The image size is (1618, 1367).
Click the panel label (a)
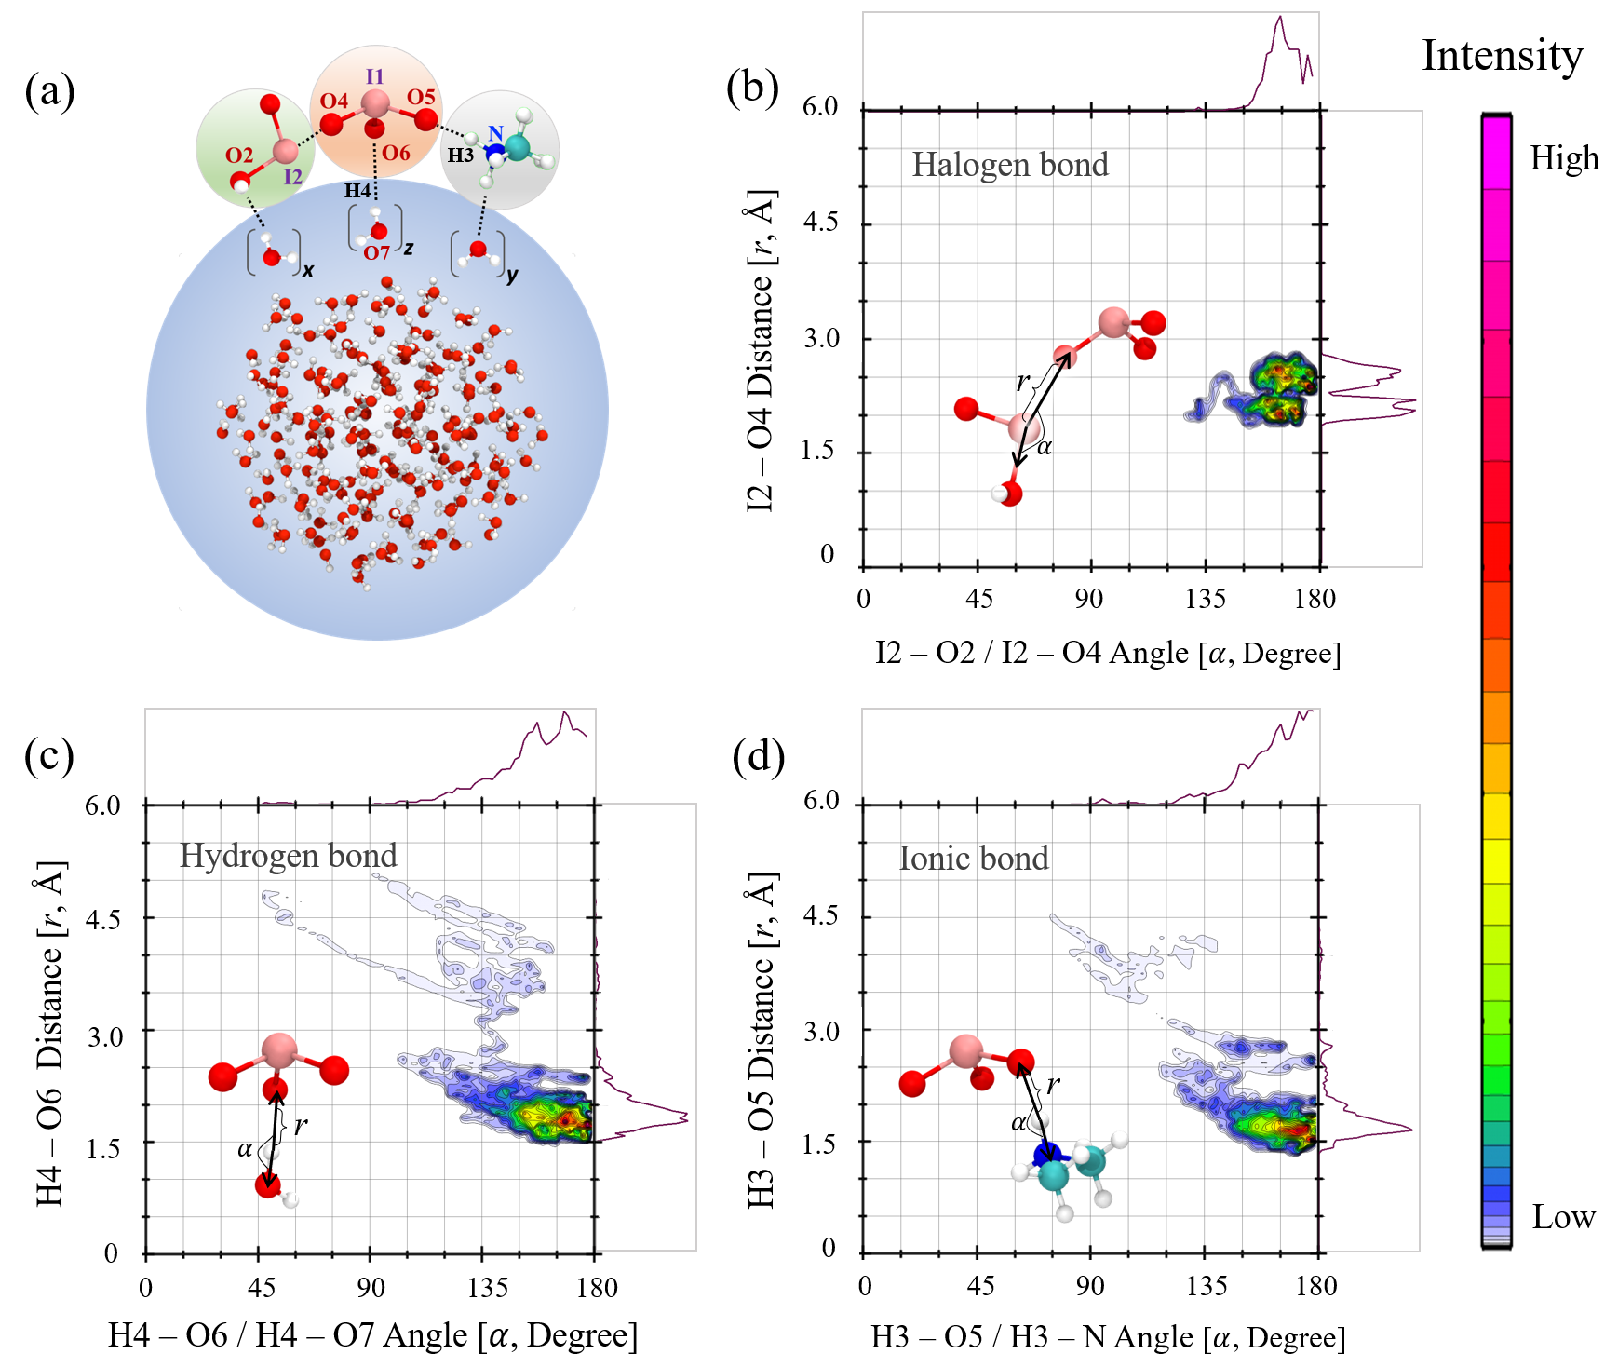(x=49, y=93)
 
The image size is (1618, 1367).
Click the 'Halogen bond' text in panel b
(x=1010, y=165)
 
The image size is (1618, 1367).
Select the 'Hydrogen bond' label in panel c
(x=288, y=856)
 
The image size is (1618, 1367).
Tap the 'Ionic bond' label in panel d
(x=973, y=858)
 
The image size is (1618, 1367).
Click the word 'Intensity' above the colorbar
(x=1502, y=56)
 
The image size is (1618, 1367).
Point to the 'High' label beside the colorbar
(x=1564, y=158)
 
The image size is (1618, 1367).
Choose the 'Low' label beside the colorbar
(x=1563, y=1216)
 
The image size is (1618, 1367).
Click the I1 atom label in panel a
(x=374, y=76)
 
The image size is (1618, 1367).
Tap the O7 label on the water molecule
(x=376, y=252)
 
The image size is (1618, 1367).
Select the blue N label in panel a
(x=495, y=134)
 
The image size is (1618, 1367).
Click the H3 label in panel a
(x=460, y=156)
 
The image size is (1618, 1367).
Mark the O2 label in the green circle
(x=239, y=156)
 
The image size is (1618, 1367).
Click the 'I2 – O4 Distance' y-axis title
(x=761, y=351)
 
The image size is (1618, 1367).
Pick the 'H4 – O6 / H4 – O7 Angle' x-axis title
(x=372, y=1335)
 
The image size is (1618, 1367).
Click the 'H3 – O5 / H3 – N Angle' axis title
(x=1108, y=1337)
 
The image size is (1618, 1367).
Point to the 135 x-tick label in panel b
(x=1206, y=599)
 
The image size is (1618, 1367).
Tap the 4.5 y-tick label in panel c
(x=102, y=920)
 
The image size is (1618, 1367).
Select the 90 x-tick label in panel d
(x=1090, y=1286)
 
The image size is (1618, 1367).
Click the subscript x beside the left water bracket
(x=308, y=271)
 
